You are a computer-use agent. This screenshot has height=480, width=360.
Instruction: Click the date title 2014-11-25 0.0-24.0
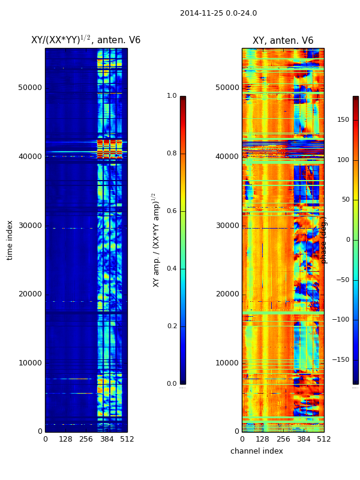pyautogui.click(x=218, y=13)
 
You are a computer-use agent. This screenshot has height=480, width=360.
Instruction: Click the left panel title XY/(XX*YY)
pyautogui.click(x=86, y=40)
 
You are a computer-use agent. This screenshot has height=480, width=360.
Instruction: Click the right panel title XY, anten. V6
pyautogui.click(x=283, y=41)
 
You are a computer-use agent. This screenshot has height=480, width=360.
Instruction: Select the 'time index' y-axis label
pyautogui.click(x=10, y=239)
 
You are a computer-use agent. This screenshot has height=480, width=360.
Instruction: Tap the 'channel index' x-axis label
pyautogui.click(x=256, y=451)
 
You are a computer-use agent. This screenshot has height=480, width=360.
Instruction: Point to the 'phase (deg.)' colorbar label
pyautogui.click(x=324, y=240)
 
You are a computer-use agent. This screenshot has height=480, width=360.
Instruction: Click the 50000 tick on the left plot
pyautogui.click(x=30, y=88)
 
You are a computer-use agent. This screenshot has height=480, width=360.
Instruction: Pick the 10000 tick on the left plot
pyautogui.click(x=30, y=363)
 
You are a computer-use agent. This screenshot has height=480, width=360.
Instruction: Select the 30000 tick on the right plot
pyautogui.click(x=227, y=226)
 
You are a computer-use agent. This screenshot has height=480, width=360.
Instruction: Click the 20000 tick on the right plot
pyautogui.click(x=227, y=294)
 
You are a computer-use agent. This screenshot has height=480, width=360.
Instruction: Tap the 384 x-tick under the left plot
pyautogui.click(x=107, y=439)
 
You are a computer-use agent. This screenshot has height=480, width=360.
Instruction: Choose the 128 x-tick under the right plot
pyautogui.click(x=262, y=439)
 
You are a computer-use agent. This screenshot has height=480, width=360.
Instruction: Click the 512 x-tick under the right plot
pyautogui.click(x=324, y=439)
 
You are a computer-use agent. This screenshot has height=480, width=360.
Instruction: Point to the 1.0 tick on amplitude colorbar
pyautogui.click(x=172, y=96)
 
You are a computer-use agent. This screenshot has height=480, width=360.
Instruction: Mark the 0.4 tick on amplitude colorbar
pyautogui.click(x=172, y=269)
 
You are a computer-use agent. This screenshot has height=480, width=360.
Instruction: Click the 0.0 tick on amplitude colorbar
pyautogui.click(x=172, y=384)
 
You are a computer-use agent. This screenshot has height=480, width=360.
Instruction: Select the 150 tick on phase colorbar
pyautogui.click(x=343, y=120)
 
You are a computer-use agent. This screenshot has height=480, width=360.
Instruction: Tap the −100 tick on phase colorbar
pyautogui.click(x=340, y=320)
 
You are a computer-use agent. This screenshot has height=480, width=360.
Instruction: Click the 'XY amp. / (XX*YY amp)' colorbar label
pyautogui.click(x=156, y=240)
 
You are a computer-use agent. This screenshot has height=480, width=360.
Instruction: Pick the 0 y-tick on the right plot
pyautogui.click(x=237, y=431)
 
